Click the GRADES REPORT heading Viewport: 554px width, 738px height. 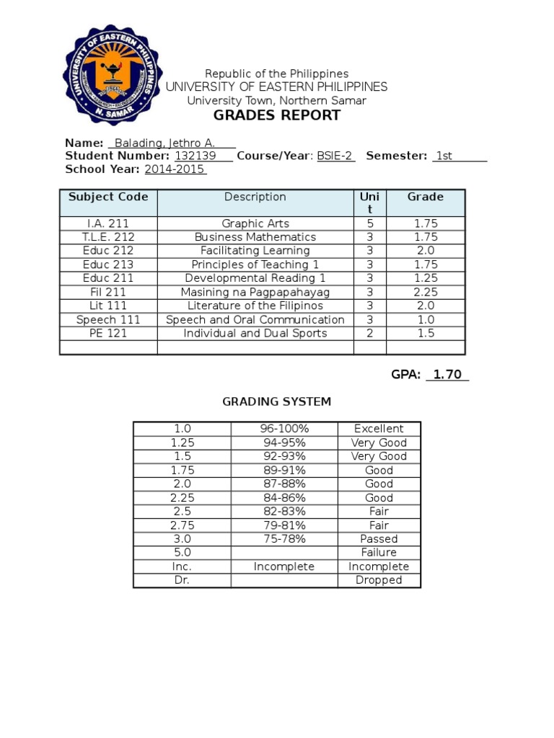pos(276,116)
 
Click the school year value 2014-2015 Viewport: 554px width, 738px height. pos(175,169)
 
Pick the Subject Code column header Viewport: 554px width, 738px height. pos(108,197)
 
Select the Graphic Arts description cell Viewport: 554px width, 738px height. pos(255,223)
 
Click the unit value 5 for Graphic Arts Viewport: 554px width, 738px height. pos(369,223)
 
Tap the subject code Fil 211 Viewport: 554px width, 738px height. pos(108,292)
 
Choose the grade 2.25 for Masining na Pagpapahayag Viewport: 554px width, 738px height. pos(426,292)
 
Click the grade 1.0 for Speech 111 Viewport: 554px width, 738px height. pos(426,319)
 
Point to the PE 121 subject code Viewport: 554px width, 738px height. pos(108,333)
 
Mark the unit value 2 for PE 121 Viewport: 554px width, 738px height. pos(369,333)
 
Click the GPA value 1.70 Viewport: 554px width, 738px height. pos(447,375)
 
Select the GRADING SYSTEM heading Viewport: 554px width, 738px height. pos(276,401)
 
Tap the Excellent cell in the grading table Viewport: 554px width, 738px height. pos(379,429)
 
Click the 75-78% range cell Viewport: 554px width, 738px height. pos(283,538)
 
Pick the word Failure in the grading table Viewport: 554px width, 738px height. pos(379,552)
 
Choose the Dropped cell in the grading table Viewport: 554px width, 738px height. pos(379,579)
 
